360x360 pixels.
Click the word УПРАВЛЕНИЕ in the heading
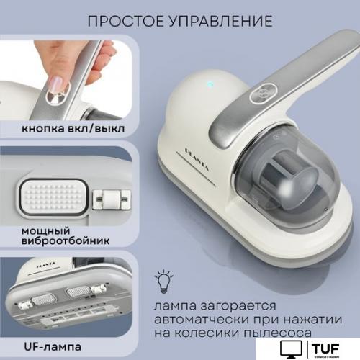coord(219,20)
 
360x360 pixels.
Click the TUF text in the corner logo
coord(329,347)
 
